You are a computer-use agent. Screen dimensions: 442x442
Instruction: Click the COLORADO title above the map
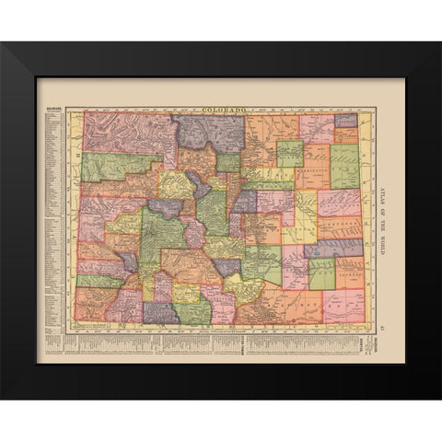[220, 109]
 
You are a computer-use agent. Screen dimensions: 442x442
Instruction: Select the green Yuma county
[344, 166]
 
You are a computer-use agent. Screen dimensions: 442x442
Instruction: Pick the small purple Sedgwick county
[345, 120]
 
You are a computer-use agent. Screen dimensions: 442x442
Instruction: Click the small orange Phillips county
[346, 134]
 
